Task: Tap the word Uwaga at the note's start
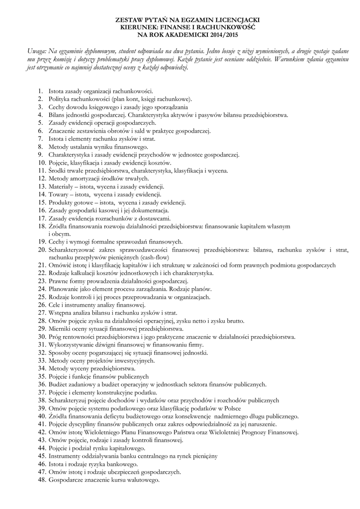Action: (x=36, y=51)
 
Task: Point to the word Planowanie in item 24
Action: (x=64, y=289)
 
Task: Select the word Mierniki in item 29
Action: (x=59, y=329)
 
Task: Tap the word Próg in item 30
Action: (x=54, y=337)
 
